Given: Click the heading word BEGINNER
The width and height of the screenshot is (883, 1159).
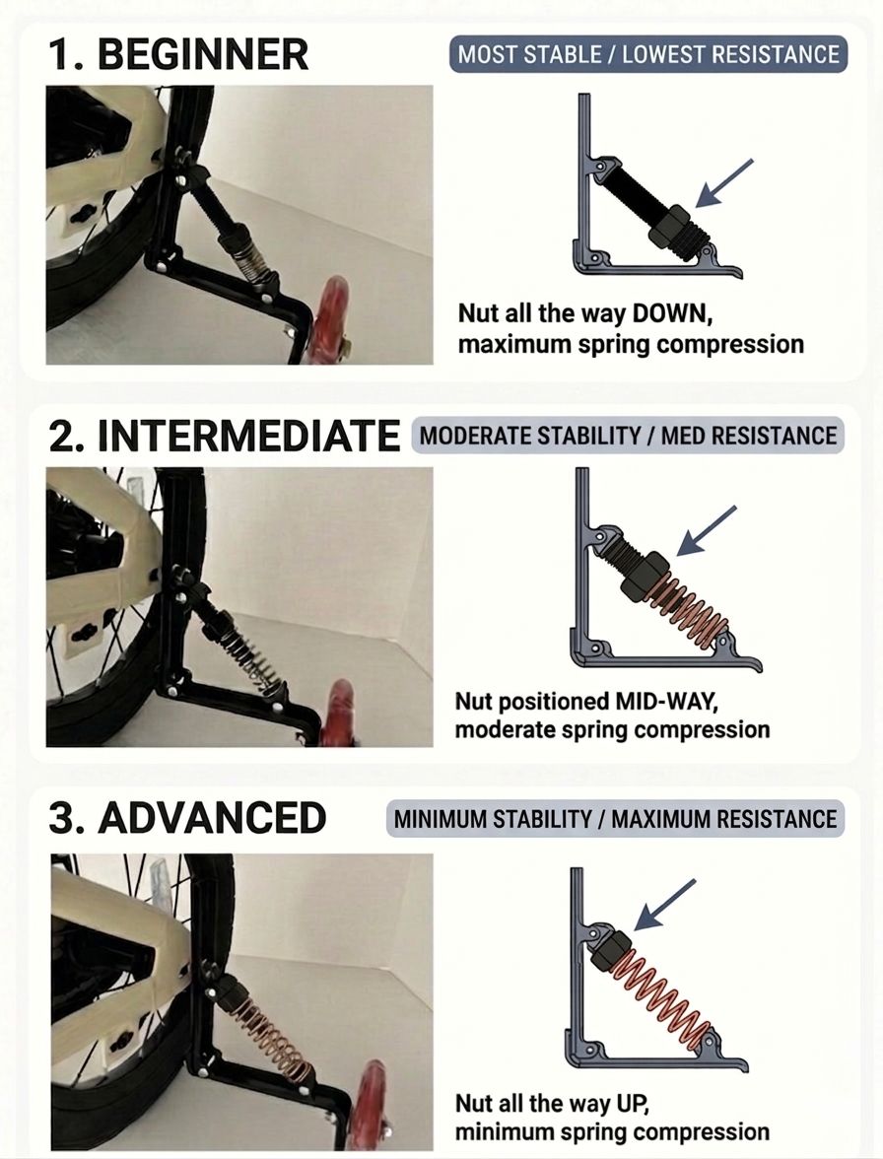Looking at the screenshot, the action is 203,55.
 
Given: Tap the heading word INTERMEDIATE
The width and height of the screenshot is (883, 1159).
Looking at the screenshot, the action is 249,436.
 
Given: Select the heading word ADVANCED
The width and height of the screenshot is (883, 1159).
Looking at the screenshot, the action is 212,818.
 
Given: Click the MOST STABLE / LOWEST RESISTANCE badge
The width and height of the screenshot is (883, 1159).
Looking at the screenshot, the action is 648,55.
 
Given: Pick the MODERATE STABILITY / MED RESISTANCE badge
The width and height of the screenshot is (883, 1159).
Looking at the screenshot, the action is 628,436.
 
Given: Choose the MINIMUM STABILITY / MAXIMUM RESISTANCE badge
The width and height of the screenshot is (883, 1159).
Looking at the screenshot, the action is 615,819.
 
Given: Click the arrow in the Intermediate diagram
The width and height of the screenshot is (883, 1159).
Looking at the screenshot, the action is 708,530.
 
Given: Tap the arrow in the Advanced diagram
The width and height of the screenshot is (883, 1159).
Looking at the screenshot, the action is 665,905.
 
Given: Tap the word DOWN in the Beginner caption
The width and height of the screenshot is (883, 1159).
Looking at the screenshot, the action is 672,313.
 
